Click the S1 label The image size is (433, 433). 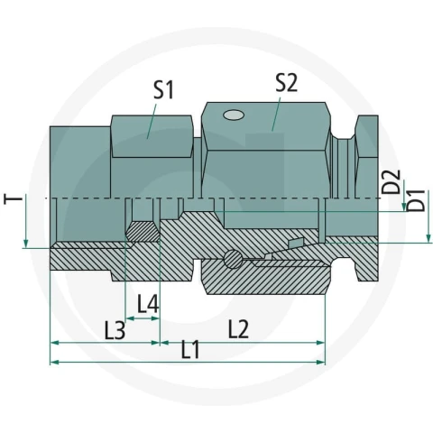point(163,90)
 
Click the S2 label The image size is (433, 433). point(287,83)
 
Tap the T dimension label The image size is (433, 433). point(14,199)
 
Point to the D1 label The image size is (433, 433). point(416,200)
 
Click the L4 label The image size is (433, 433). point(148,304)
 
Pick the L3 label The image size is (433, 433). point(115,330)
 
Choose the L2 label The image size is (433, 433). point(238,328)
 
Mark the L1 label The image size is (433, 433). point(190,350)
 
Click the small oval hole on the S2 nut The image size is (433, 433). point(234,115)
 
